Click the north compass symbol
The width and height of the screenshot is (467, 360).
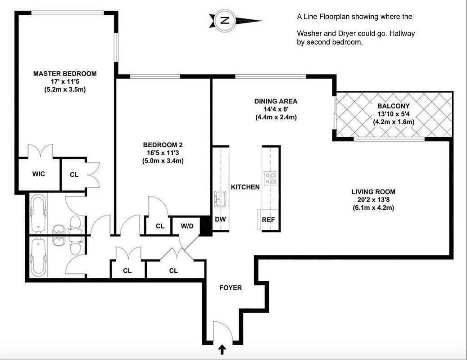coord(225,20)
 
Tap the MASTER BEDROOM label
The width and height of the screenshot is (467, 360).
coord(65,74)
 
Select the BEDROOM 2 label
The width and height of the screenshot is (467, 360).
coord(163,145)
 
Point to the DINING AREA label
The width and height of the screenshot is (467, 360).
coord(276,101)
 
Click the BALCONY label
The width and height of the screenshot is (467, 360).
coord(394,106)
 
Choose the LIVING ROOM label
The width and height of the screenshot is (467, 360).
coord(373,192)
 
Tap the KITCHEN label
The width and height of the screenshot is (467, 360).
coord(245,187)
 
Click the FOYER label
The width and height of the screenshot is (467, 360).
coord(230,288)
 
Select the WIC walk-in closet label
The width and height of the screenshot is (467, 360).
coord(39,174)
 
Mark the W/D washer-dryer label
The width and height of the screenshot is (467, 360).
coord(187,226)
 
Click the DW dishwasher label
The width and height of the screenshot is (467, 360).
coord(221,220)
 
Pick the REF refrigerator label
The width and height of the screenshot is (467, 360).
coord(269,220)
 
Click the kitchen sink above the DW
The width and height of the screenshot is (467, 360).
coord(220,198)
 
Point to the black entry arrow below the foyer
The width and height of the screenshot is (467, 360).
coord(222,349)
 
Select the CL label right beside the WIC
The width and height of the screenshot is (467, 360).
coord(74,175)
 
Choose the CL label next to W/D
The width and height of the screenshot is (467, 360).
coord(160,226)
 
